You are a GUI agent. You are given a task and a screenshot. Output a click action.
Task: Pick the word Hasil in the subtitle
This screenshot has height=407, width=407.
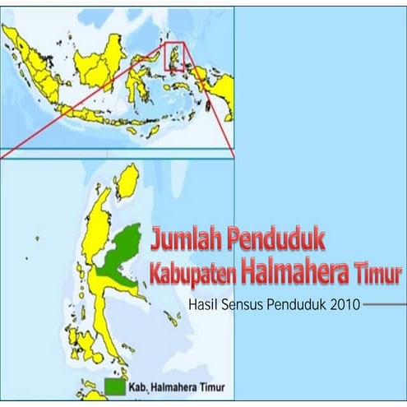(x=205, y=303)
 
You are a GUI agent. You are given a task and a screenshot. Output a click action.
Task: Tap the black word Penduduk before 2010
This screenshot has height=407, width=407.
(x=298, y=303)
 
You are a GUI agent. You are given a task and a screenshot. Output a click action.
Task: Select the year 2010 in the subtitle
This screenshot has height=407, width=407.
(x=345, y=303)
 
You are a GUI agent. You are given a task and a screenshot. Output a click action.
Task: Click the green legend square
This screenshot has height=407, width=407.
(x=115, y=386)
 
